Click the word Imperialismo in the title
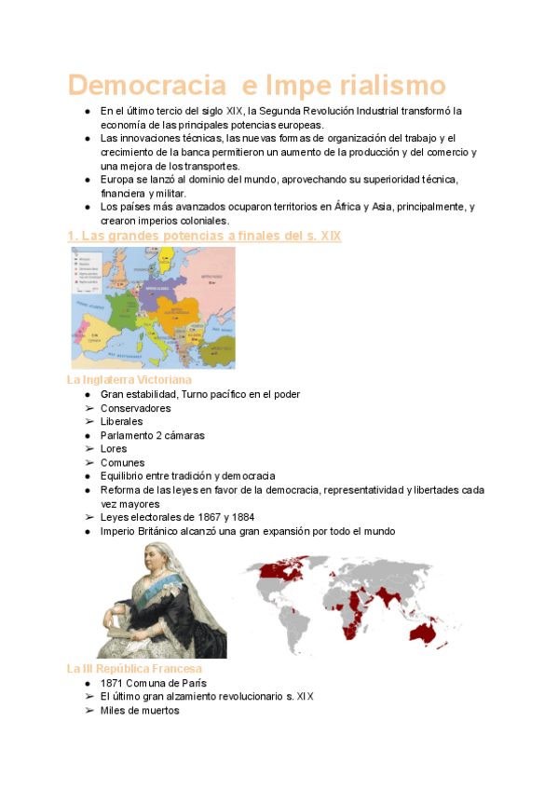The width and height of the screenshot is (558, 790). click(x=355, y=86)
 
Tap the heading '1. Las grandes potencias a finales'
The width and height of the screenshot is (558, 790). click(x=204, y=237)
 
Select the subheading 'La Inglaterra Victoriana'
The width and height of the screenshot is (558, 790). click(x=129, y=380)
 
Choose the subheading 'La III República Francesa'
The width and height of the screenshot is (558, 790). click(x=134, y=669)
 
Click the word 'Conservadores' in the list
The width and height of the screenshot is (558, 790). click(x=136, y=408)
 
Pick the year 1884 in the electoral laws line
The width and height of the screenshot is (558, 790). click(x=240, y=517)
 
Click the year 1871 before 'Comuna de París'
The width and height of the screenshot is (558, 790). click(x=113, y=683)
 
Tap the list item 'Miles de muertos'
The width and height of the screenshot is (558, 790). click(x=140, y=710)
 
